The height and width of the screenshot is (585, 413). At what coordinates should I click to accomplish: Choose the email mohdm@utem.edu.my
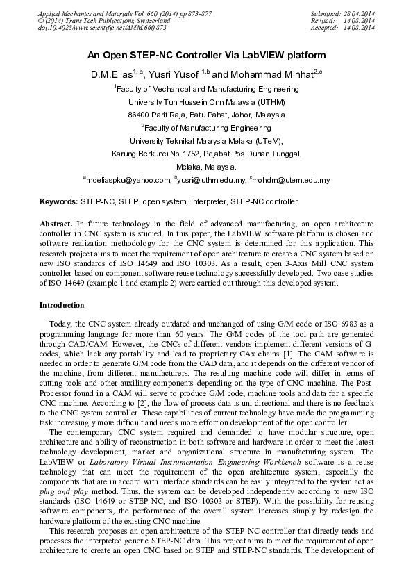click(x=292, y=181)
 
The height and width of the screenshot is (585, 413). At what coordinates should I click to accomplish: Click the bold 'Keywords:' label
click(x=58, y=201)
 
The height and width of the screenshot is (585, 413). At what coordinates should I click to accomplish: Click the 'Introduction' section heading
click(x=62, y=305)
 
